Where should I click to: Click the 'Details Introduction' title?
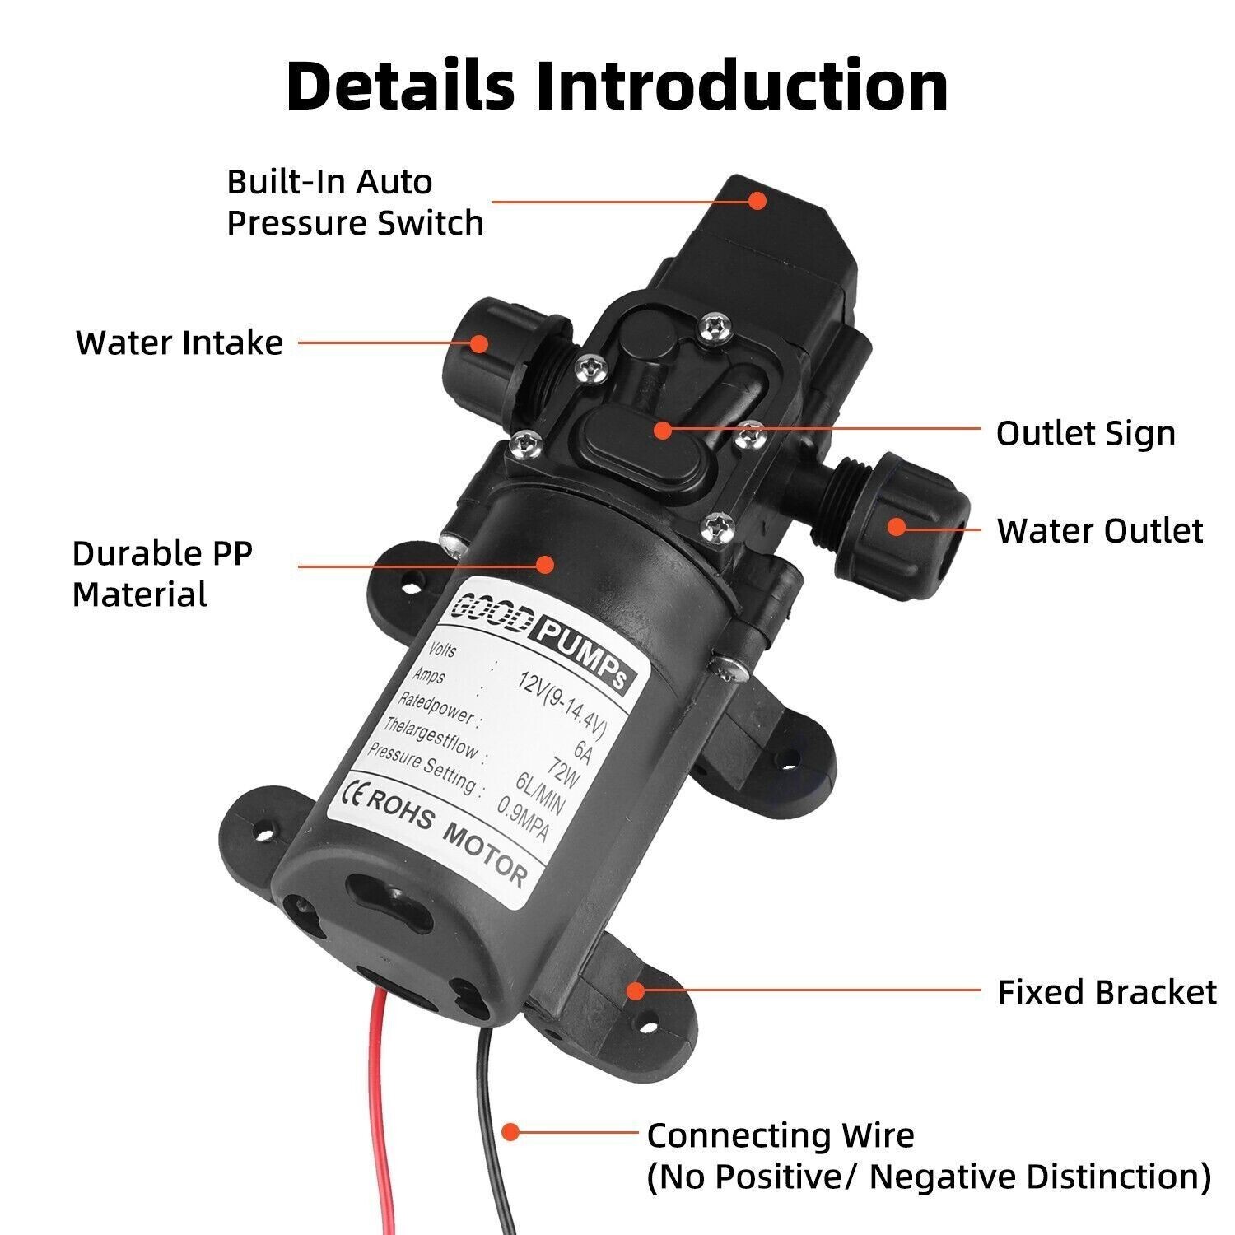point(617,86)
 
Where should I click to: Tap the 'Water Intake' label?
point(179,343)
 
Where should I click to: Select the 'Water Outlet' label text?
point(1100,531)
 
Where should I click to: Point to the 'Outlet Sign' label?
point(1085,433)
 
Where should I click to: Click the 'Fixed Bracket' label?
point(1107,992)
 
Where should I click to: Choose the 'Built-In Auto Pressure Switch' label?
point(354,203)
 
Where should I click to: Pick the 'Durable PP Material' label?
point(162,573)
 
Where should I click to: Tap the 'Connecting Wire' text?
point(781,1135)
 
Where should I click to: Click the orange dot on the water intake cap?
point(478,343)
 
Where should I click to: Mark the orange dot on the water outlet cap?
point(896,527)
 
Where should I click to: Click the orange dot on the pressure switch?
point(757,200)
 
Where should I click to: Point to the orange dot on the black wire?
point(510,1132)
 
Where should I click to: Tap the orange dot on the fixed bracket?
point(634,990)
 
